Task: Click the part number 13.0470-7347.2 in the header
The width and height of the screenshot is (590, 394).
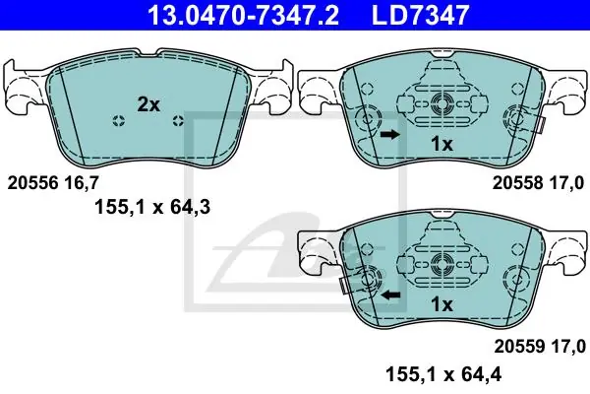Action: point(244,15)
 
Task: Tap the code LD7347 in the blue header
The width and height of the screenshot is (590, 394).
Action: point(420,15)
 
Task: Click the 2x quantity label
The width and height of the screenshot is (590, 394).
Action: point(148,104)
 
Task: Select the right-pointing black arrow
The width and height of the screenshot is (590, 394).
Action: point(389,134)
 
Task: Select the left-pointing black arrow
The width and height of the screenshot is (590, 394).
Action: point(391,295)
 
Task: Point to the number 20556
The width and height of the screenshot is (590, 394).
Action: point(33,183)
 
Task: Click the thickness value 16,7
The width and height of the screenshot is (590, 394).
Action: point(82,183)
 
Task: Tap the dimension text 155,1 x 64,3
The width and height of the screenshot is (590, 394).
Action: point(152,207)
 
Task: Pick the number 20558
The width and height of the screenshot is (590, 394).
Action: point(518,183)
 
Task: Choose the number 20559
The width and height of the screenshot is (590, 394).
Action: point(519,346)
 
